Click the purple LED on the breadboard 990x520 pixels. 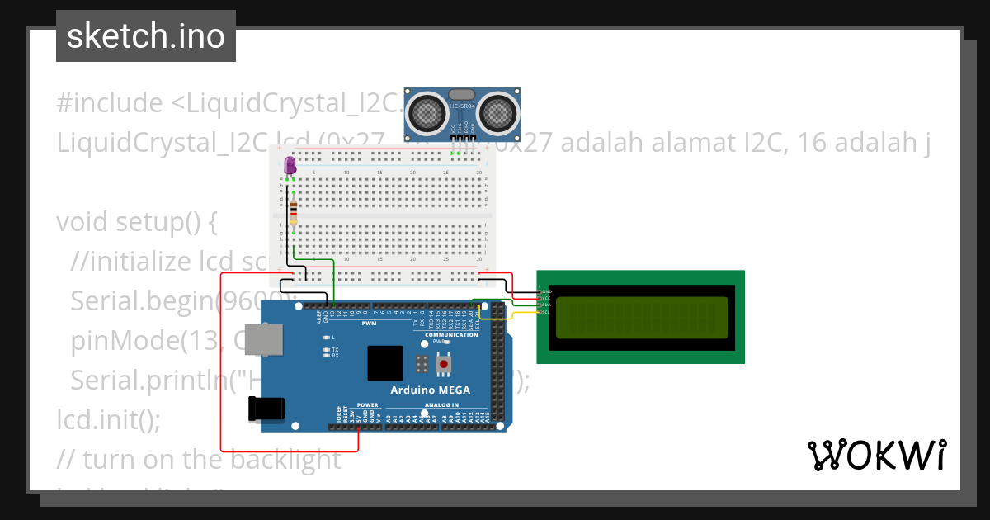[x=290, y=166]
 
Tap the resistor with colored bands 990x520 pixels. [x=294, y=211]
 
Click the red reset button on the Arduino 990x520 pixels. [x=444, y=363]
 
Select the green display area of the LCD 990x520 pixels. [x=641, y=318]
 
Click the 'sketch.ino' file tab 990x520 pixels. [x=146, y=36]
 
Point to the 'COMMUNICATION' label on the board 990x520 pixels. [x=450, y=335]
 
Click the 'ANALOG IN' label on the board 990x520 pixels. [x=441, y=405]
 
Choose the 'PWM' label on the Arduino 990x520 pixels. [x=369, y=323]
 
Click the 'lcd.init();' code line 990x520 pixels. [x=108, y=420]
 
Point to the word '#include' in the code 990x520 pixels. [x=110, y=104]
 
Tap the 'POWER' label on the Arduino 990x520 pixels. [x=368, y=405]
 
